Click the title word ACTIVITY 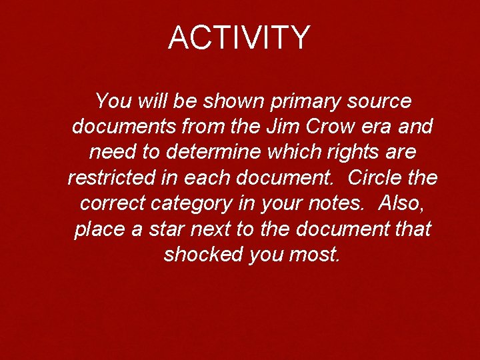pos(239,37)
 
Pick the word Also pos(403,203)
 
